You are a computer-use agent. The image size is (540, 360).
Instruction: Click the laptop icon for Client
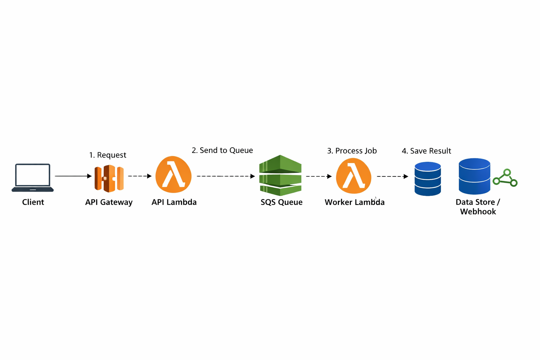[33, 177]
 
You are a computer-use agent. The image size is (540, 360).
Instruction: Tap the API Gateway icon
[109, 178]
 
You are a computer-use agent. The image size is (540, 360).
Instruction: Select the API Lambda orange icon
[173, 175]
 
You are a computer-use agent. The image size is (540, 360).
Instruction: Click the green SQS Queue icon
[280, 175]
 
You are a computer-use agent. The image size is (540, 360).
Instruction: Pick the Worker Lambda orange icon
[354, 176]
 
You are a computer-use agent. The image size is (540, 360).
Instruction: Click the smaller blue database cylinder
[427, 179]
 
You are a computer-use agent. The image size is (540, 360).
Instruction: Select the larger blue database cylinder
[474, 176]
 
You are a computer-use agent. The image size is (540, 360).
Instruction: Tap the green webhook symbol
[505, 178]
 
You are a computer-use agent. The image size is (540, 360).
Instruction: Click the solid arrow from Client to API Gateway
[73, 176]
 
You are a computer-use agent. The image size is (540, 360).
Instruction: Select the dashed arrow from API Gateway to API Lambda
[140, 176]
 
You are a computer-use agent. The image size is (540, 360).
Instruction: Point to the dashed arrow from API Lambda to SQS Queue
[225, 176]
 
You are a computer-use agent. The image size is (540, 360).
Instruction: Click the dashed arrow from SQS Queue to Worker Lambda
[319, 176]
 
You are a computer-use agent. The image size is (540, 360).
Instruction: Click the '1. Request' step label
[108, 155]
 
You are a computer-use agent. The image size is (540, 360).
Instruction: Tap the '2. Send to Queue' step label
[222, 150]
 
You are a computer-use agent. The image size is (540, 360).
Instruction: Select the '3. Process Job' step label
[352, 151]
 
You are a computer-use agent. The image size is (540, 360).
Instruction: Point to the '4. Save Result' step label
[426, 151]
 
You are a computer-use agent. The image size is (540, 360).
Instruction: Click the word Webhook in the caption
[478, 212]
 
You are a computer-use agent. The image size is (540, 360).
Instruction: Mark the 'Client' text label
[33, 202]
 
